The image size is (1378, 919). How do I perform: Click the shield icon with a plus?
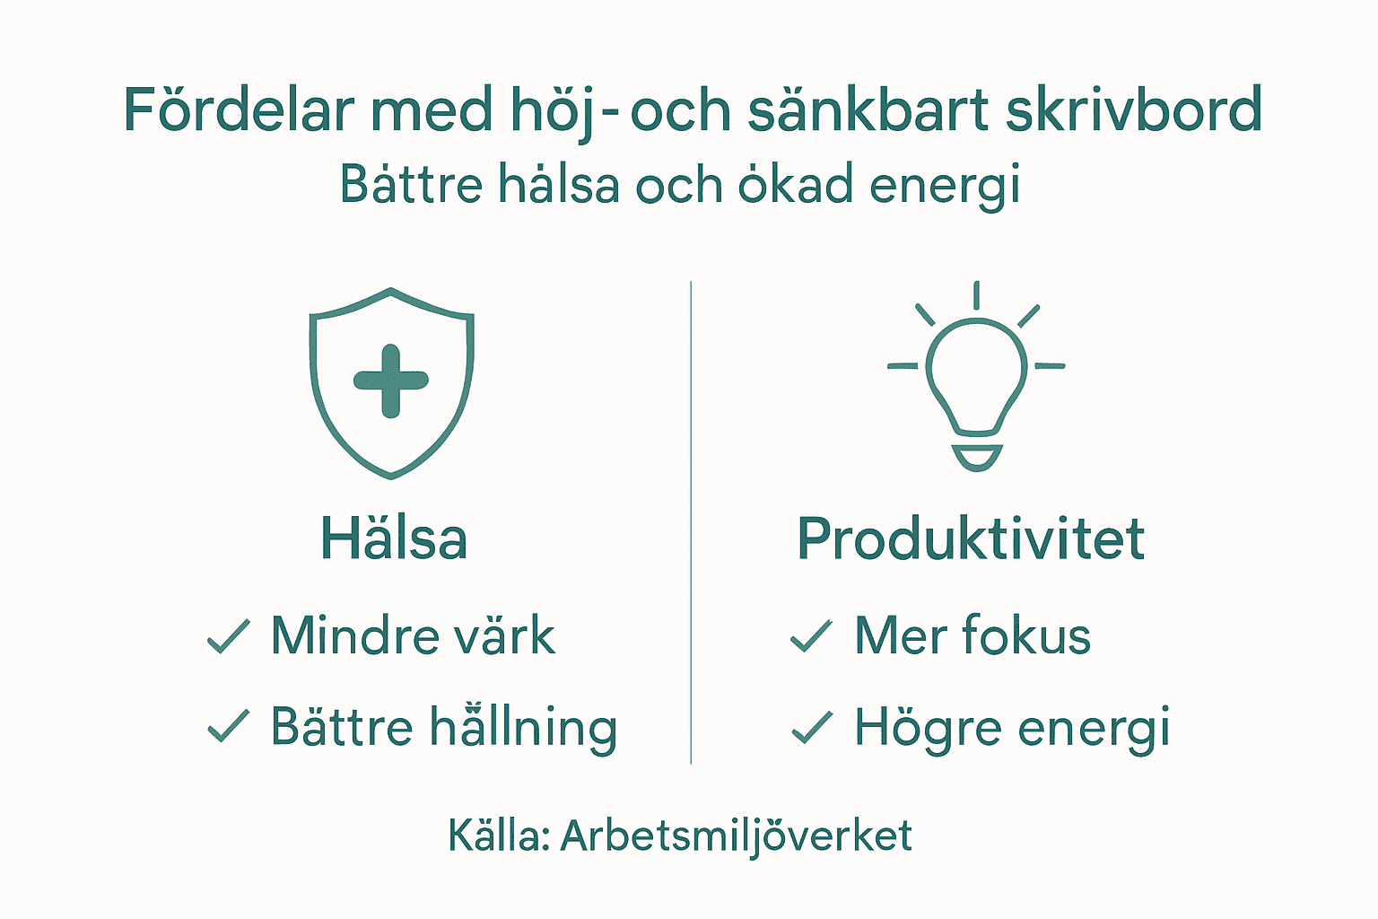click(391, 382)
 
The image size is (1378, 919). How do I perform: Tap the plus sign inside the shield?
click(391, 381)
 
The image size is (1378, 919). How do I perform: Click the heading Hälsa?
click(394, 539)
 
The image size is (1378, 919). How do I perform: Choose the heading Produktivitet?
click(971, 539)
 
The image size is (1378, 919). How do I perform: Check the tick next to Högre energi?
click(811, 727)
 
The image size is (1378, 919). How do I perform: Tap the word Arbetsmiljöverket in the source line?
click(736, 836)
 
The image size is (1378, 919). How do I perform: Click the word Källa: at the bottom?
click(499, 836)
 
